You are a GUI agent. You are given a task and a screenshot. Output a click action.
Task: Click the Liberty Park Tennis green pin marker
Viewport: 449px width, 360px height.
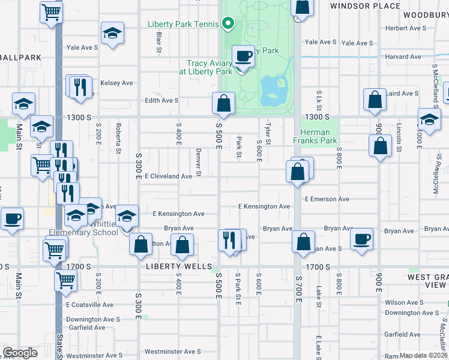pyautogui.click(x=228, y=25)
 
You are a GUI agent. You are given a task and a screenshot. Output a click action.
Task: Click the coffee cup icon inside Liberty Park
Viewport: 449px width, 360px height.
pyautogui.click(x=243, y=56)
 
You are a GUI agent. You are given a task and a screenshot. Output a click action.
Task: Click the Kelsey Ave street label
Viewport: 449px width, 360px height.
pyautogui.click(x=116, y=83)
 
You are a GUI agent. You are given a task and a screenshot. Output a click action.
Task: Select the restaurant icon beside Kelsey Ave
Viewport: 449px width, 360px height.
pyautogui.click(x=79, y=87)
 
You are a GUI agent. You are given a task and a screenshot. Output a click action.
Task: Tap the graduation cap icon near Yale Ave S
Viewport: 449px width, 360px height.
pyautogui.click(x=112, y=34)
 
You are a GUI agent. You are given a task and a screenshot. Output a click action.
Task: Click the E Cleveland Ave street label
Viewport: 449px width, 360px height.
pyautogui.click(x=168, y=176)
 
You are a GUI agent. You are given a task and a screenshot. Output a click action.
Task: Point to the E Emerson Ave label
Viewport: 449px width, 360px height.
pyautogui.click(x=327, y=199)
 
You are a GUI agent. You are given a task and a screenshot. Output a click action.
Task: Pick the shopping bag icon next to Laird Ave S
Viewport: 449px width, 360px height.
pyautogui.click(x=375, y=101)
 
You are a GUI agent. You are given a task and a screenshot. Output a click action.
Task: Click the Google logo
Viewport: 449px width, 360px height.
pyautogui.click(x=20, y=353)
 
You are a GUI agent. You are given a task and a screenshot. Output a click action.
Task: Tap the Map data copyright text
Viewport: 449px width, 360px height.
pyautogui.click(x=424, y=355)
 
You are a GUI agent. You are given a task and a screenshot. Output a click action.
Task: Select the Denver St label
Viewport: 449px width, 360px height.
pyautogui.click(x=199, y=163)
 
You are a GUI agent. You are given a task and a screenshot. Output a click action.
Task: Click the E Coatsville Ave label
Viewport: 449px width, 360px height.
pyautogui.click(x=89, y=305)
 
